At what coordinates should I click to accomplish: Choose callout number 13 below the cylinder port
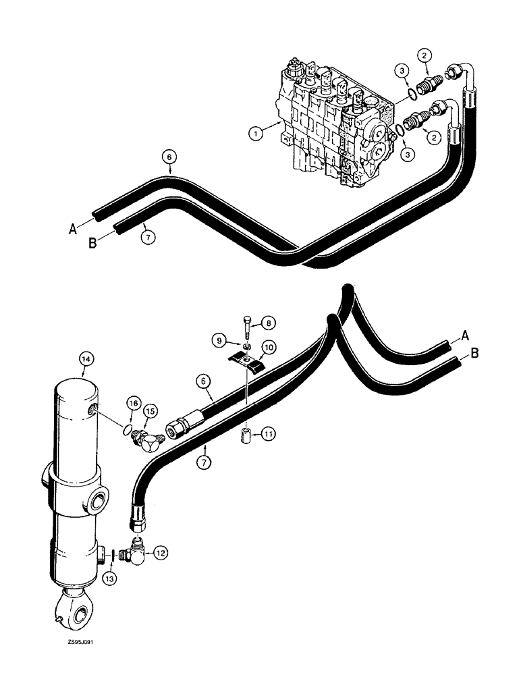point(110,577)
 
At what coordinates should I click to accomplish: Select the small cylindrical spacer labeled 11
point(247,431)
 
